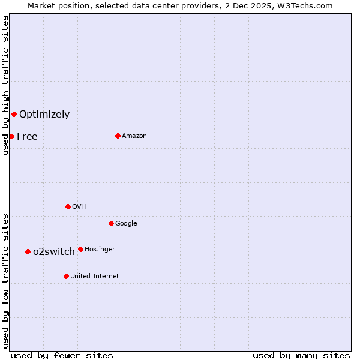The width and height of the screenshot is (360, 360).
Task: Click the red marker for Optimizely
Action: pyautogui.click(x=14, y=114)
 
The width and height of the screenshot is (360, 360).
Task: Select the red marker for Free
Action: pyautogui.click(x=11, y=136)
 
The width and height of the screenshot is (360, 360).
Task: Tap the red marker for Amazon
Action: pyautogui.click(x=118, y=136)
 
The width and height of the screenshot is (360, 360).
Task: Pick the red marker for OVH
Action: pyautogui.click(x=68, y=206)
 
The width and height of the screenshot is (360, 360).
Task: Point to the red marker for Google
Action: pyautogui.click(x=111, y=223)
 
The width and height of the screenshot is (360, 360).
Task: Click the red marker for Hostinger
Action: pyautogui.click(x=80, y=249)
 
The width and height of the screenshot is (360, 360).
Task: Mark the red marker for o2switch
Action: pyautogui.click(x=28, y=251)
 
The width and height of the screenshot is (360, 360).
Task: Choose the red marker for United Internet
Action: pyautogui.click(x=66, y=276)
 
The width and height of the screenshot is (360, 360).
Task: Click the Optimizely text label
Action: pyautogui.click(x=44, y=114)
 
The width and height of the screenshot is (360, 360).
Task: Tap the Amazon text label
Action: pyautogui.click(x=134, y=136)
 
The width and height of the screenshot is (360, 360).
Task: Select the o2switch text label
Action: pyautogui.click(x=54, y=251)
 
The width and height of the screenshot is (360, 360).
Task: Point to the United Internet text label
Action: pyautogui.click(x=95, y=276)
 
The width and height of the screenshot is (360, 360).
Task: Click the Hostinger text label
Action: pyautogui.click(x=100, y=249)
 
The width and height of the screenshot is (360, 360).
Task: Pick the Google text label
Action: pyautogui.click(x=126, y=223)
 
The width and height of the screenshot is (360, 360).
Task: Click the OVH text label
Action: pyautogui.click(x=79, y=206)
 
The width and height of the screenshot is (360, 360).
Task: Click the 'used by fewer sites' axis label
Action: pyautogui.click(x=62, y=355)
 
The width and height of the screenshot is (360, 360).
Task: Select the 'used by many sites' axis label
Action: pyautogui.click(x=301, y=355)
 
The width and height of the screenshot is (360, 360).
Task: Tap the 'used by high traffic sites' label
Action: pyautogui.click(x=5, y=85)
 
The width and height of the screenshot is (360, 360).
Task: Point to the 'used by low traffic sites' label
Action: pyautogui.click(x=5, y=280)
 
